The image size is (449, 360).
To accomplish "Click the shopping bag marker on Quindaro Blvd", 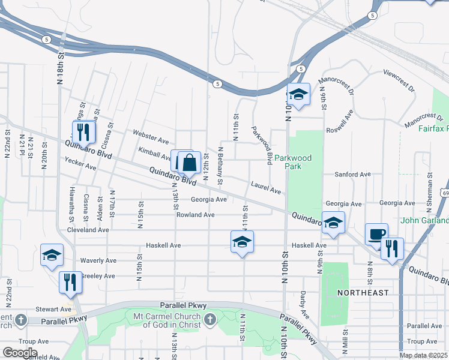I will point(190,162).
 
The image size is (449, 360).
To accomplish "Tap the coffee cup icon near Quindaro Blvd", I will point(376,233).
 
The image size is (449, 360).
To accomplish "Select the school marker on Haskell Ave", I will point(243,242).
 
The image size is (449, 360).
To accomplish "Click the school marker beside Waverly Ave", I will point(52,255).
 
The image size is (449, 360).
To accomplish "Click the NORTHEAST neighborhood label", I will point(363,293).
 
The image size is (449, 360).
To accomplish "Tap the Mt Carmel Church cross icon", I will point(209,319).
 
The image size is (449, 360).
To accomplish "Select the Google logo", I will point(19,353).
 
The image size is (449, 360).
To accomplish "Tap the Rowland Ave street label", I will point(195,215).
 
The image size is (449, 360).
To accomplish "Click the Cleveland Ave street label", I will point(88,230).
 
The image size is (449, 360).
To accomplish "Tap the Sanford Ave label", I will point(352,175).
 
